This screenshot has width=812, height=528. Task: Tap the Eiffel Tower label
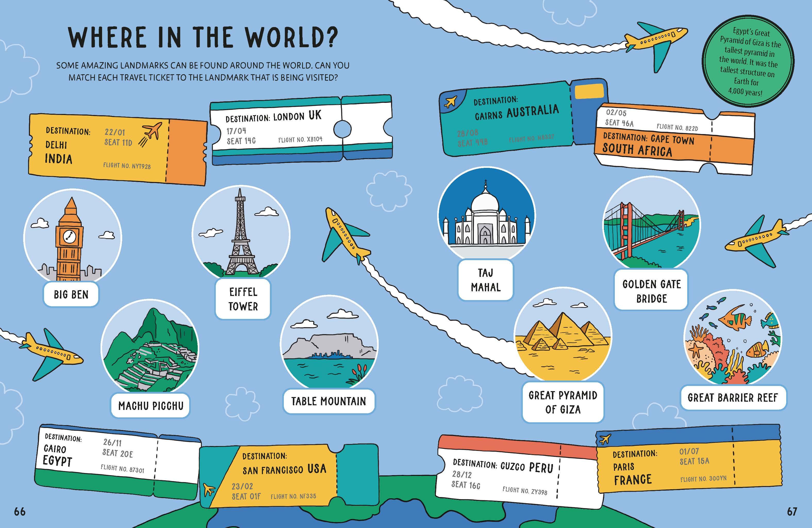[x=243, y=299]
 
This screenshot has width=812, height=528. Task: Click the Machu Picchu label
[x=151, y=406]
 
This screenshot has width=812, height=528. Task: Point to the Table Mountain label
[x=329, y=401]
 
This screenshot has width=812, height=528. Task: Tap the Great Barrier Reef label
[x=733, y=398]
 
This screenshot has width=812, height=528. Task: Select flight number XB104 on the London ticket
[x=300, y=139]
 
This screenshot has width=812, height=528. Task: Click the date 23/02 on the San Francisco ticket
[x=242, y=486]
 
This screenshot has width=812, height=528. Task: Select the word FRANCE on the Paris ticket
[x=633, y=480]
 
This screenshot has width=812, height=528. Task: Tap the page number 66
[x=20, y=511]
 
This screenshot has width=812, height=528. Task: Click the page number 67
[x=792, y=511]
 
